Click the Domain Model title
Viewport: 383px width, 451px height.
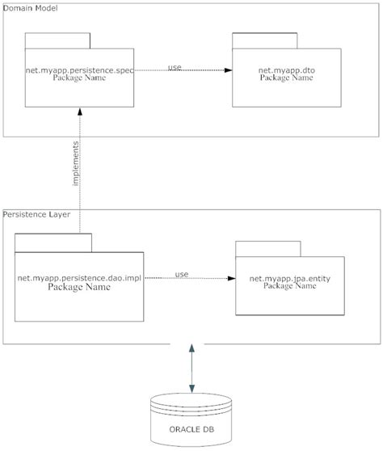click(29, 8)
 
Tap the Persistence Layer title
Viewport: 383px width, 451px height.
click(37, 214)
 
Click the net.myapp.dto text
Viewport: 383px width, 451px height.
click(286, 70)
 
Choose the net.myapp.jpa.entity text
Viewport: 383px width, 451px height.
click(289, 279)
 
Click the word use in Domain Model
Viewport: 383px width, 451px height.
click(175, 66)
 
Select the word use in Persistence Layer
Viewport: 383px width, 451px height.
click(182, 275)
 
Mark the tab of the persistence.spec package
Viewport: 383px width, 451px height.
click(57, 41)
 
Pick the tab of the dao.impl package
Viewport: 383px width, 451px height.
click(53, 242)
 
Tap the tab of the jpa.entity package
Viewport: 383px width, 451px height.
click(267, 248)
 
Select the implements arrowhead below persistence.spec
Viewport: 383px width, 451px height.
click(79, 114)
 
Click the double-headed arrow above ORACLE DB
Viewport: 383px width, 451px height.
click(191, 367)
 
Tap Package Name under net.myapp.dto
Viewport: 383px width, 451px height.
click(286, 78)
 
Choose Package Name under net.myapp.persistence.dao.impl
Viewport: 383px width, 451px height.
click(80, 287)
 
